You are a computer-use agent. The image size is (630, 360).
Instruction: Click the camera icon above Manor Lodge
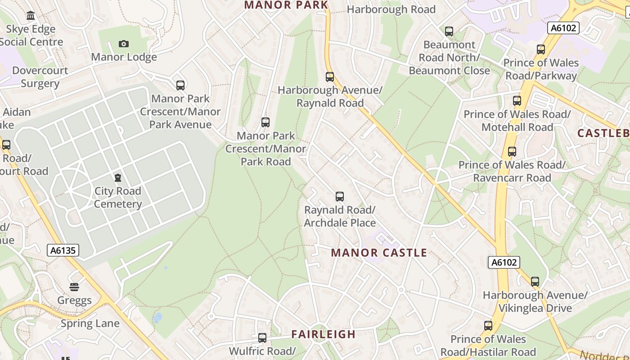pyautogui.click(x=124, y=44)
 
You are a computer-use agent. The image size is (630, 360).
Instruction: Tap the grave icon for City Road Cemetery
pyautogui.click(x=118, y=178)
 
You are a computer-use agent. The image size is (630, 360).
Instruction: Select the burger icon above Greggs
pyautogui.click(x=74, y=287)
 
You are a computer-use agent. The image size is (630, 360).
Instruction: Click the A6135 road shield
pyautogui.click(x=63, y=250)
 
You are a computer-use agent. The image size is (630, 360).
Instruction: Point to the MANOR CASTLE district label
pyautogui.click(x=379, y=253)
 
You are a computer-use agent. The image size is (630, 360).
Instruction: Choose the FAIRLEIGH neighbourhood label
pyautogui.click(x=323, y=334)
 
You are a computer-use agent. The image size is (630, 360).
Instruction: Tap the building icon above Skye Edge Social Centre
pyautogui.click(x=31, y=16)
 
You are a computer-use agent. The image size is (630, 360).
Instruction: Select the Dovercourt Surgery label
pyautogui.click(x=40, y=77)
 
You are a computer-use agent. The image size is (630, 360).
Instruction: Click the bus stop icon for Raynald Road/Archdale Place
pyautogui.click(x=340, y=197)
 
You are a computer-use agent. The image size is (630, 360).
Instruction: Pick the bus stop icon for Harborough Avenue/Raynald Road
pyautogui.click(x=330, y=77)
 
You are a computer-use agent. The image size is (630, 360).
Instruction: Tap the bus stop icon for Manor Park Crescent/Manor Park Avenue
pyautogui.click(x=180, y=85)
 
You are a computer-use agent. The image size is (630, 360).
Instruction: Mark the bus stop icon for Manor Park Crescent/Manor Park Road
pyautogui.click(x=265, y=122)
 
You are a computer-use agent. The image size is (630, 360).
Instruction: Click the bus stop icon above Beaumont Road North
pyautogui.click(x=449, y=31)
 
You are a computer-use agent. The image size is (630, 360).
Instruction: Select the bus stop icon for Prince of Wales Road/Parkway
pyautogui.click(x=541, y=49)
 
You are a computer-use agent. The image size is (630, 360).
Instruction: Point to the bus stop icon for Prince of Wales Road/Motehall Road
pyautogui.click(x=517, y=101)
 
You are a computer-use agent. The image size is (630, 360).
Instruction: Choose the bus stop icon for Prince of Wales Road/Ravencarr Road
pyautogui.click(x=512, y=152)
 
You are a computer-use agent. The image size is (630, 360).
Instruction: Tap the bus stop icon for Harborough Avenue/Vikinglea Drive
pyautogui.click(x=535, y=282)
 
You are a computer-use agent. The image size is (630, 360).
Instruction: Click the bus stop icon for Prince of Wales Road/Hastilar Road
pyautogui.click(x=488, y=326)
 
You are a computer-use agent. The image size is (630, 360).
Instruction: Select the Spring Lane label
pyautogui.click(x=90, y=324)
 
